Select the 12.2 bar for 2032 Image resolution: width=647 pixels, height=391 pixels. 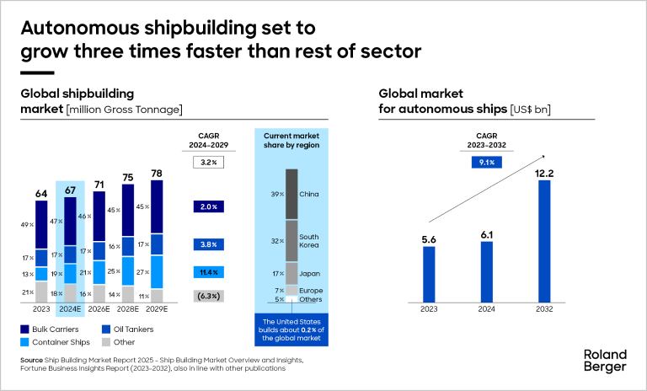coord(544,241)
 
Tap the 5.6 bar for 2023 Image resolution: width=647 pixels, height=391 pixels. coord(429,273)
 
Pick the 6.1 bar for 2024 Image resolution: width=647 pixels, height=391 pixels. coord(487,271)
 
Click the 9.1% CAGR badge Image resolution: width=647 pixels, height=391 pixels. coord(486,161)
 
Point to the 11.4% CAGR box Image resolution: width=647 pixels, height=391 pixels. coord(208,272)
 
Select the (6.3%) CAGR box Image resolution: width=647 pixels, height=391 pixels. coord(208,296)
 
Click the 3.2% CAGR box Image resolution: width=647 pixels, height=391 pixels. coord(208,162)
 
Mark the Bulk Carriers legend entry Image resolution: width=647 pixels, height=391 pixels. coord(50,329)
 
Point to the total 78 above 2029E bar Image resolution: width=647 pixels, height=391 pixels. coord(157,174)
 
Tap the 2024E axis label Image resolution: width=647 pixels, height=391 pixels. coord(69,310)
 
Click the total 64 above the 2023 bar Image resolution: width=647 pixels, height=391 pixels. coord(40,195)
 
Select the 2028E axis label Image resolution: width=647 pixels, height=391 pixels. coord(127,310)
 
